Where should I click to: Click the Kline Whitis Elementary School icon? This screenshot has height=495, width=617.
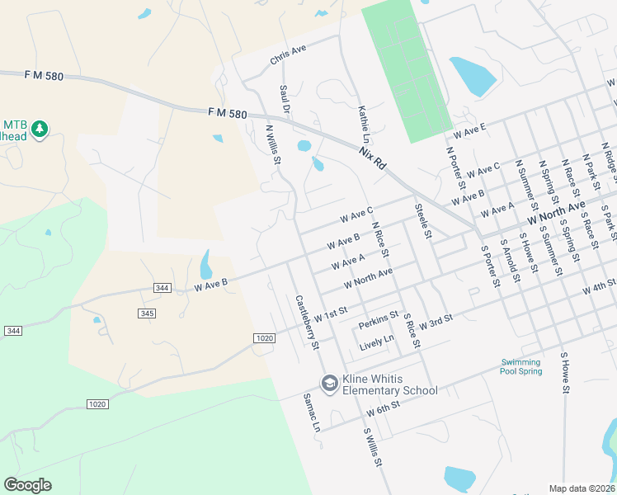(x=329, y=383)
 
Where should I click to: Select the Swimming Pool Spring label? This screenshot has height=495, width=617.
(x=521, y=366)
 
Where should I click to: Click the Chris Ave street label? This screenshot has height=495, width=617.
(x=288, y=55)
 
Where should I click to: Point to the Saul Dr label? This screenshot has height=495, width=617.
(x=285, y=97)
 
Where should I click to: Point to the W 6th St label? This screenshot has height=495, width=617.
(x=384, y=408)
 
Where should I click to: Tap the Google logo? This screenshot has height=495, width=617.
(x=27, y=485)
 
